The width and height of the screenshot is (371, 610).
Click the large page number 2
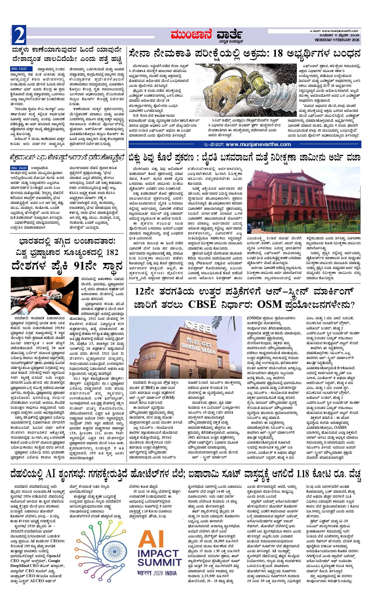19,35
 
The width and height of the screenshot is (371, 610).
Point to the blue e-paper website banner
245,144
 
